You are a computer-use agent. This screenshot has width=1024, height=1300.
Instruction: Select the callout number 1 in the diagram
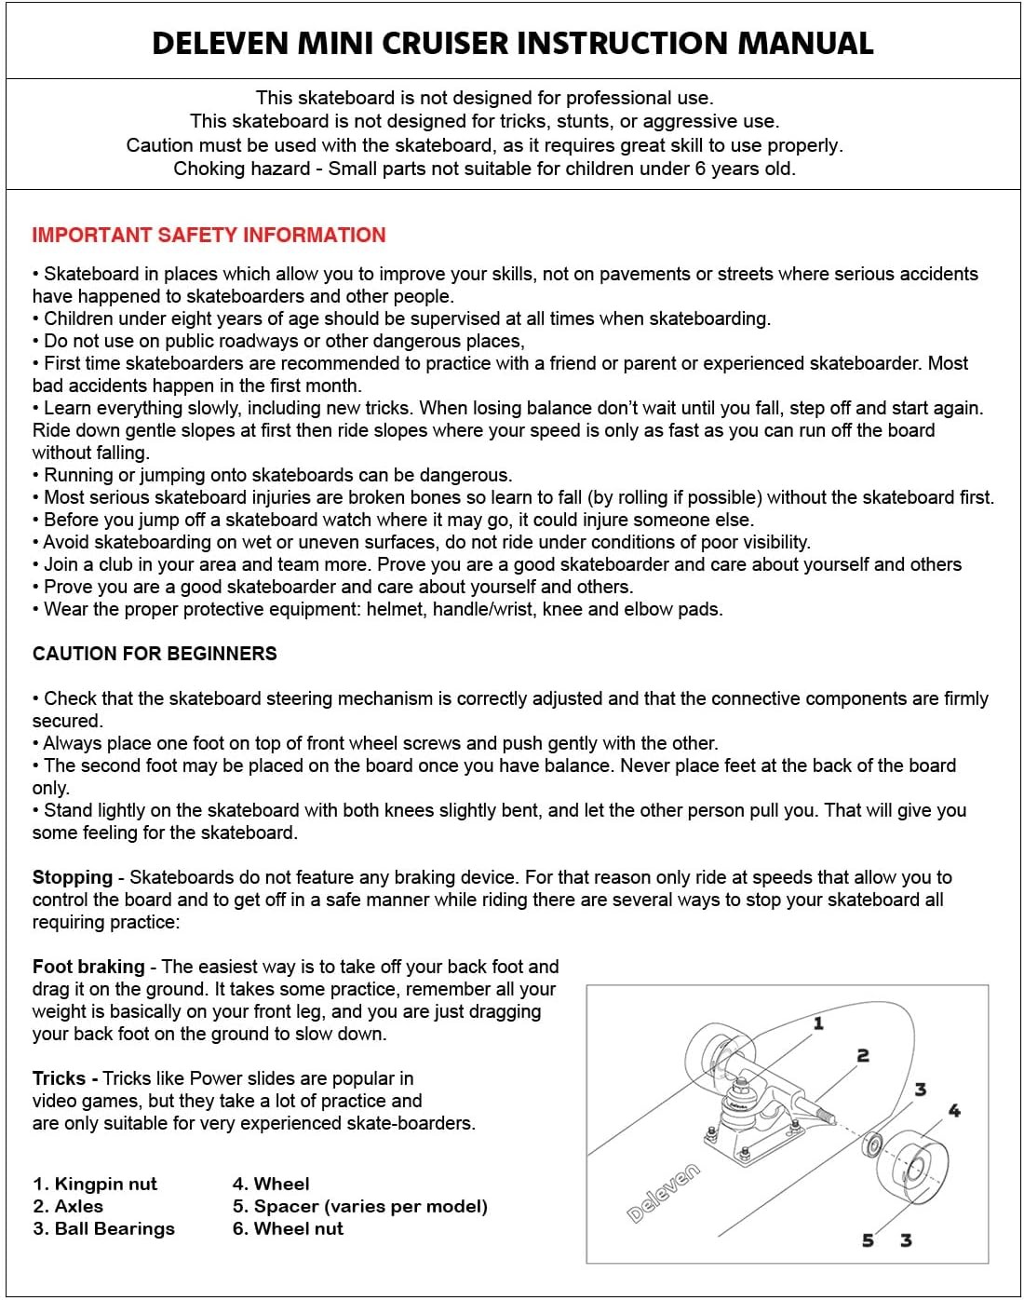[818, 1023]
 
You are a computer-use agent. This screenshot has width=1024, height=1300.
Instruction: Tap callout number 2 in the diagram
[863, 1055]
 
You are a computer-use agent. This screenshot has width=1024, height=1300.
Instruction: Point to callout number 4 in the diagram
[954, 1110]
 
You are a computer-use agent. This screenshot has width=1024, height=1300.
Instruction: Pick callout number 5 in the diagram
[868, 1239]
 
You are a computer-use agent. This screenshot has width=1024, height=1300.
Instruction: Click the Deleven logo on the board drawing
[663, 1193]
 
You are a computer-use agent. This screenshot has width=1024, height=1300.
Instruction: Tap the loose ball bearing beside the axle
[873, 1144]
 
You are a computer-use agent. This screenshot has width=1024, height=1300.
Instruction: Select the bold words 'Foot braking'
[88, 967]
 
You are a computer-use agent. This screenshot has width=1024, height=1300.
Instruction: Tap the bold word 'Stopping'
[72, 877]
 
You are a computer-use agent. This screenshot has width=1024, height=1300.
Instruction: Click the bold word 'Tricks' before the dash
[59, 1078]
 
